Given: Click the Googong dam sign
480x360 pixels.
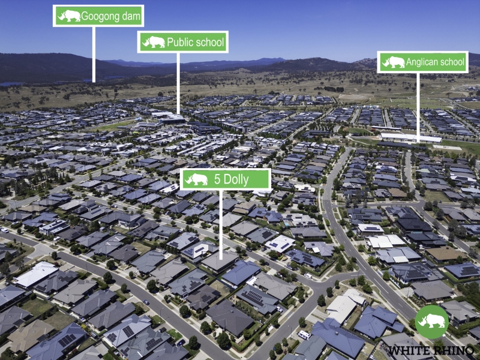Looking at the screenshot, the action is [98, 16].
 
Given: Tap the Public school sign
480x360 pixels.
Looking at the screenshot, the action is [183, 42].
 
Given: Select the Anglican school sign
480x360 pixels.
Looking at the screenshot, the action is [422, 62].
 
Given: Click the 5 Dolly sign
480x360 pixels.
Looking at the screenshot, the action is [226, 179].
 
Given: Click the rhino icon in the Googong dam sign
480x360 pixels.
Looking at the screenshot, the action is [69, 16].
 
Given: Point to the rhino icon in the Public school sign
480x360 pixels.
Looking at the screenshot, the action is [154, 42].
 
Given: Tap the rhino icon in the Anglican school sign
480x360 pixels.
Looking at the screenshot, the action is [394, 62].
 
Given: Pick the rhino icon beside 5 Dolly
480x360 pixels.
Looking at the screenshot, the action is [196, 179].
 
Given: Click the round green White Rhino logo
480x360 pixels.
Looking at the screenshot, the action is [431, 322].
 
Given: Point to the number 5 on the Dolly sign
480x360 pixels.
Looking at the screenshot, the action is [217, 179].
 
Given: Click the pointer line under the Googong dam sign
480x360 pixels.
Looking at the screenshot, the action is [94, 55].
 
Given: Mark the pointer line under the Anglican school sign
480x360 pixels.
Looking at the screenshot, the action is [418, 108].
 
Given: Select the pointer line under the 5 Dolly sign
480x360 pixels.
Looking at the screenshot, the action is [221, 224].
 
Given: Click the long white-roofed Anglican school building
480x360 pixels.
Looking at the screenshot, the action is [411, 138].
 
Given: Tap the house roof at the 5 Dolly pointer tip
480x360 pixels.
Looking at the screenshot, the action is [220, 262].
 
